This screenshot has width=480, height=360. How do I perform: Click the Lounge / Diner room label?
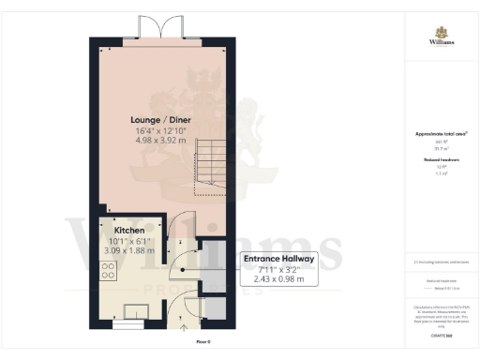click(x=158, y=120)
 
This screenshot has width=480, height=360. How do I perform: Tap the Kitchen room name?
click(x=128, y=230)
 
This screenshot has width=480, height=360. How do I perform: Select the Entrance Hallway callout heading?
click(x=278, y=259)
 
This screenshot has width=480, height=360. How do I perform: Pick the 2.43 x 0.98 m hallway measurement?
click(x=278, y=279)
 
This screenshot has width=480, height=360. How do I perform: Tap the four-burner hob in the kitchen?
click(x=107, y=273)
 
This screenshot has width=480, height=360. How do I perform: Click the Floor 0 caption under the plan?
click(x=203, y=342)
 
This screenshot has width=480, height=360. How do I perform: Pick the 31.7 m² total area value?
click(x=440, y=148)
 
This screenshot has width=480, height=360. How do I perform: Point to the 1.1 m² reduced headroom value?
click(x=440, y=174)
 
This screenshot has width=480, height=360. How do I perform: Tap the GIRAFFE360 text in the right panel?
click(x=440, y=334)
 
